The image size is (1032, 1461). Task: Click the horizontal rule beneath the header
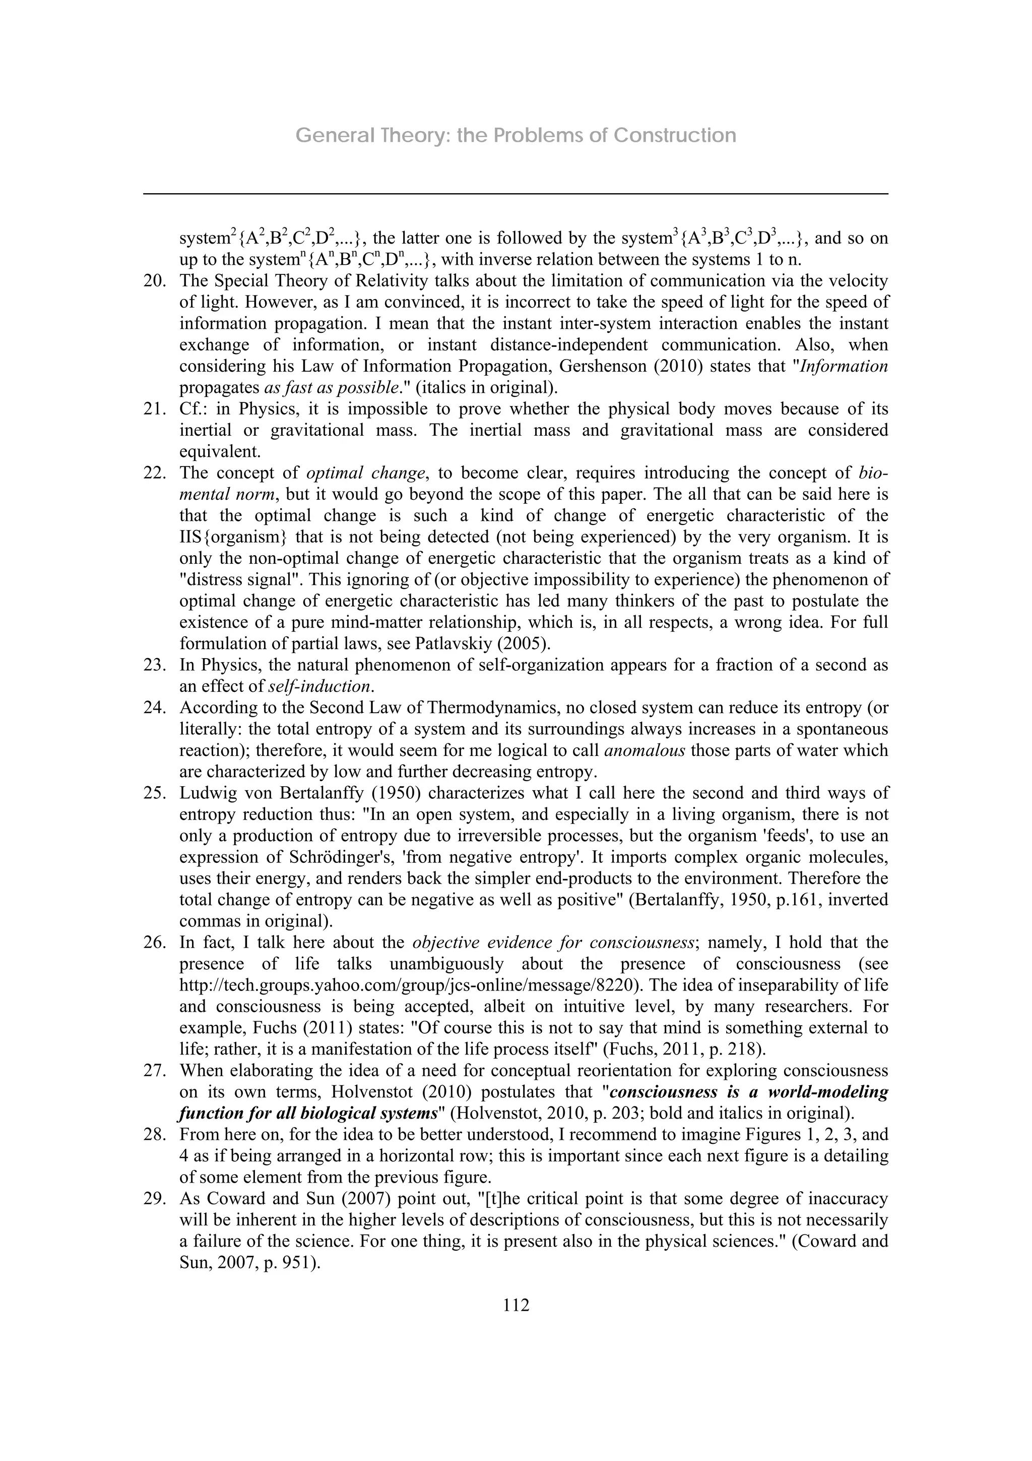(515, 194)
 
